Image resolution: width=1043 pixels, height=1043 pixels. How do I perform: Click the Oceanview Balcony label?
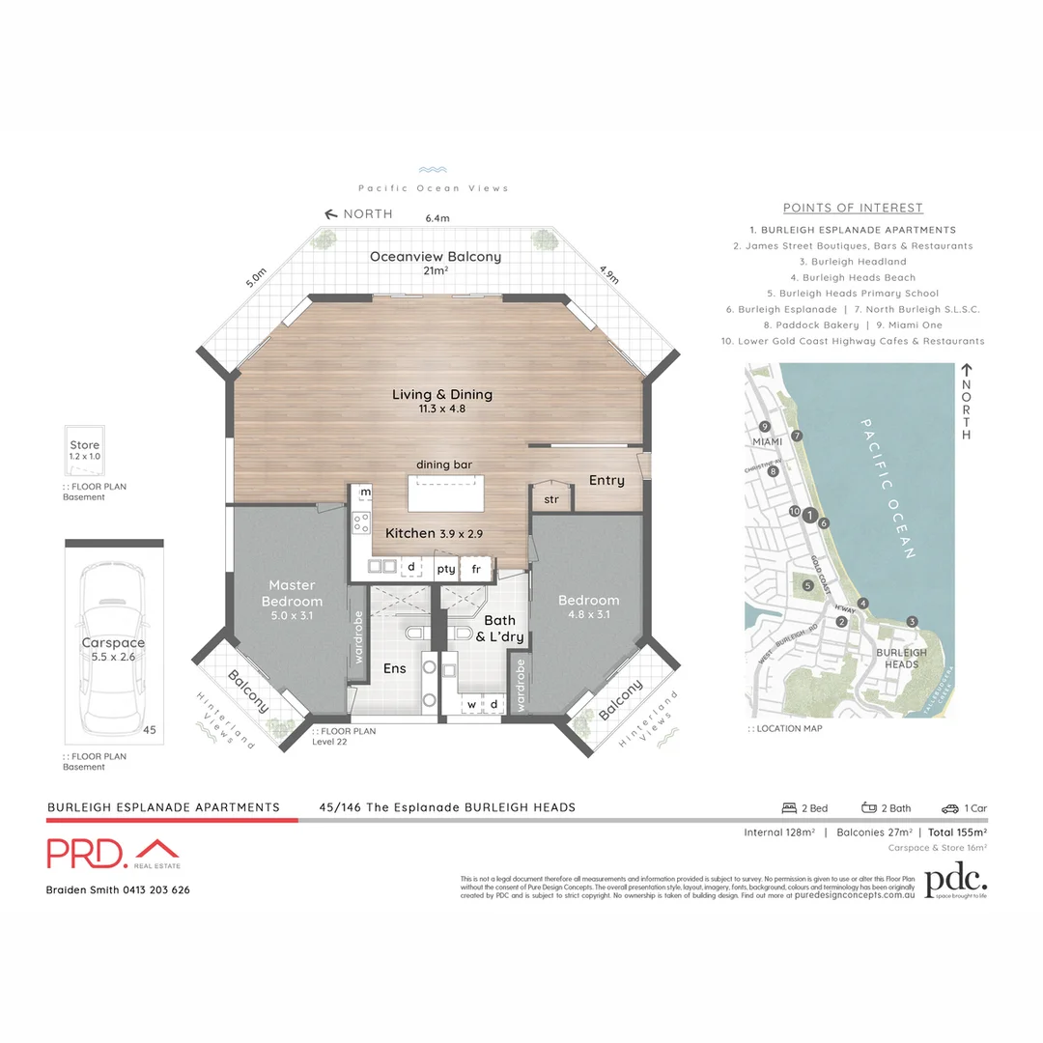click(x=436, y=257)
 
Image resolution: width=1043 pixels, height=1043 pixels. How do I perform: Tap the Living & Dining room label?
click(x=441, y=394)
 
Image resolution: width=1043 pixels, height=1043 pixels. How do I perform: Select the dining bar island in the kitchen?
click(x=444, y=493)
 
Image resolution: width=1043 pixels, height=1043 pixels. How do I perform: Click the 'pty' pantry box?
click(x=445, y=569)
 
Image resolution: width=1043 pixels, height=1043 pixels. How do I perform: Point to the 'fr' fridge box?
click(x=476, y=569)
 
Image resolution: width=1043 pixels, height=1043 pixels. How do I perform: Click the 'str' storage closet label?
click(x=551, y=499)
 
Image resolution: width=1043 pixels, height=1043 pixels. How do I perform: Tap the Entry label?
click(x=606, y=480)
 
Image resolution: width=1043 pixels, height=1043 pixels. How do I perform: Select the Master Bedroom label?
click(x=292, y=593)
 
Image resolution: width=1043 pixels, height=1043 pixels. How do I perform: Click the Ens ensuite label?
click(x=396, y=667)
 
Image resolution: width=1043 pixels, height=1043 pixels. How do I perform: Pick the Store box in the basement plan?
click(x=84, y=451)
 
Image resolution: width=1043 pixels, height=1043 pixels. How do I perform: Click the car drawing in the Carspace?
click(x=112, y=645)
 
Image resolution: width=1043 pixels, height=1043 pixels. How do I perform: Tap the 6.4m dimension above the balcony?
click(x=437, y=218)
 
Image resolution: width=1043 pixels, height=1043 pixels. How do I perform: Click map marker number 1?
click(x=810, y=515)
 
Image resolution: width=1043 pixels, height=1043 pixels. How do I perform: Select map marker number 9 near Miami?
click(x=764, y=426)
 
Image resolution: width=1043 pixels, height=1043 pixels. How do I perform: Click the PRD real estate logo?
click(x=113, y=854)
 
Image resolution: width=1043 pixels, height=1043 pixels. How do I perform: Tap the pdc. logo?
click(x=955, y=880)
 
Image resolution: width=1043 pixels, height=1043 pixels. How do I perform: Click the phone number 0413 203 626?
click(x=155, y=889)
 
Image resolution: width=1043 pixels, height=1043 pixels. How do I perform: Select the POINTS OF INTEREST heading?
click(x=853, y=208)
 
